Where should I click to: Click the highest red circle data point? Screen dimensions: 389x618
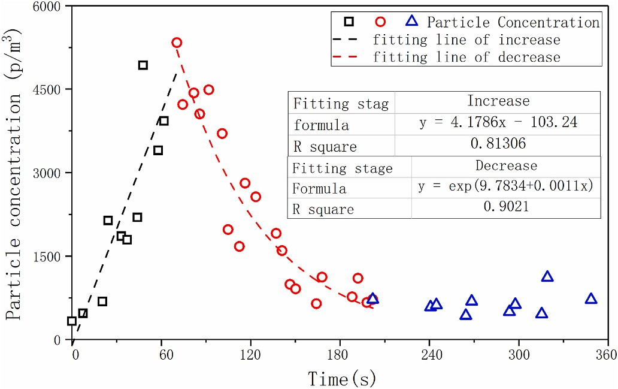click(177, 43)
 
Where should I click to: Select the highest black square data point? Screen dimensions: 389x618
click(143, 65)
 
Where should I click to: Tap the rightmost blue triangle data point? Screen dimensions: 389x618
click(591, 298)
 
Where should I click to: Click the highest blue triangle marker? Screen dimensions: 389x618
click(547, 276)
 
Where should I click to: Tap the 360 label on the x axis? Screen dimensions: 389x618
click(607, 355)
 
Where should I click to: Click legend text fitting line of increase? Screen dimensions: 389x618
click(466, 40)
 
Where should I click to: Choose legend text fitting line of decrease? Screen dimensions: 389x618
click(466, 58)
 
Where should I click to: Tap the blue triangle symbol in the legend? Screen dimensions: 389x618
click(411, 22)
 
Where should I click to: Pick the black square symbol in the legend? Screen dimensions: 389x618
click(349, 22)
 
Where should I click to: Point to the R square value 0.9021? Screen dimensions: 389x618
click(507, 207)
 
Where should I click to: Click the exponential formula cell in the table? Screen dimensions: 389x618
click(507, 186)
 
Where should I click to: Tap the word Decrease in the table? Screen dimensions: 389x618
click(507, 165)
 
